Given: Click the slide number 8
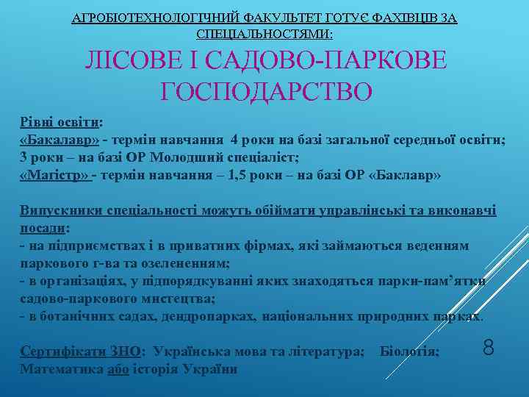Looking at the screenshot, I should tap(488, 346).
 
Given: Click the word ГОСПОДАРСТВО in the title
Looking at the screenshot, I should tap(266, 93).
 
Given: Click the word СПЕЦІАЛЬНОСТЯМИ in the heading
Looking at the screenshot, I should tap(263, 35).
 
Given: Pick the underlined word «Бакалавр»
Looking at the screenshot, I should tap(60, 141).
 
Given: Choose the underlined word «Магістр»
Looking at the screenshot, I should tap(54, 176).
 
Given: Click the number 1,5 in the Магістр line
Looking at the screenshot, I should tap(240, 176).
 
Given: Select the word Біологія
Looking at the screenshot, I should tap(409, 352).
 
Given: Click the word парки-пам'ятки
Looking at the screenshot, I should tap(430, 282).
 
